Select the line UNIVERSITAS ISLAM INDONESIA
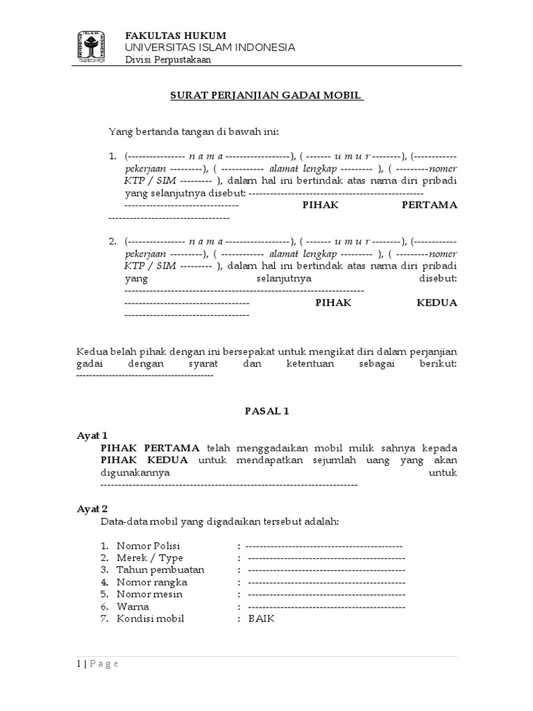point(210,47)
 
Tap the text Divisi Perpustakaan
point(168,59)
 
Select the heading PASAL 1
point(266,411)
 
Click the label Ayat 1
point(92,435)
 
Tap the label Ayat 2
point(92,508)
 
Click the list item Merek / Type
point(150,558)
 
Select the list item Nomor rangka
point(152,582)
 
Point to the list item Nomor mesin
point(151,594)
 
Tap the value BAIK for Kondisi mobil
point(262,619)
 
